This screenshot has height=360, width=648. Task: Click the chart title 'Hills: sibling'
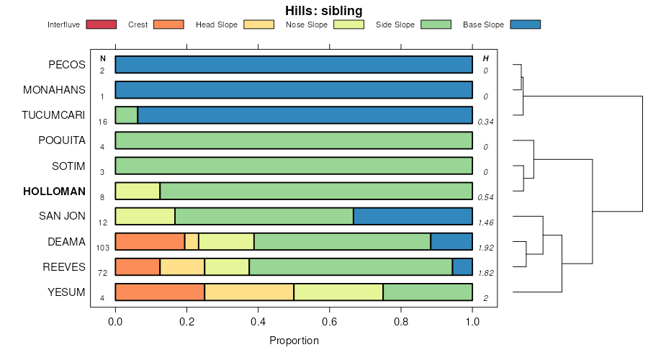click(323, 11)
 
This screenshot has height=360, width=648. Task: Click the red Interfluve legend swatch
click(101, 24)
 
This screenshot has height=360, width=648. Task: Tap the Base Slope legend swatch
click(525, 24)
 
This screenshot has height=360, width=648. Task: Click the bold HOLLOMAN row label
click(54, 192)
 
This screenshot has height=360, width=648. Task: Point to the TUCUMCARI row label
click(53, 115)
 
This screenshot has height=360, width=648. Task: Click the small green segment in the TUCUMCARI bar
click(126, 115)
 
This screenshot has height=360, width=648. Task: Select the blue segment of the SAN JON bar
click(413, 216)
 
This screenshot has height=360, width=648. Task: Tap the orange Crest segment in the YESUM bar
click(160, 292)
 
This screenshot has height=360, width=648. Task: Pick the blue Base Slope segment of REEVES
click(462, 267)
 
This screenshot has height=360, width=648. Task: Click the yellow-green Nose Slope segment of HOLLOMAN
click(138, 192)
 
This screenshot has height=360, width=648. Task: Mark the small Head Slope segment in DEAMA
click(192, 242)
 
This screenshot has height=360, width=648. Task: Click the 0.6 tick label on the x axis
click(401, 321)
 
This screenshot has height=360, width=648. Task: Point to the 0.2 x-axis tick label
click(186, 321)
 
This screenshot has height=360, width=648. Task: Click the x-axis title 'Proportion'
click(294, 340)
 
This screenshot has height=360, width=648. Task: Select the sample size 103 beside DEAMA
click(102, 247)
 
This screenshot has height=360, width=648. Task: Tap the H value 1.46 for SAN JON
click(486, 222)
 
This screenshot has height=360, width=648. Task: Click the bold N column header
click(103, 58)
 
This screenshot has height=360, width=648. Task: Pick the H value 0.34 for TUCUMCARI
click(486, 121)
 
